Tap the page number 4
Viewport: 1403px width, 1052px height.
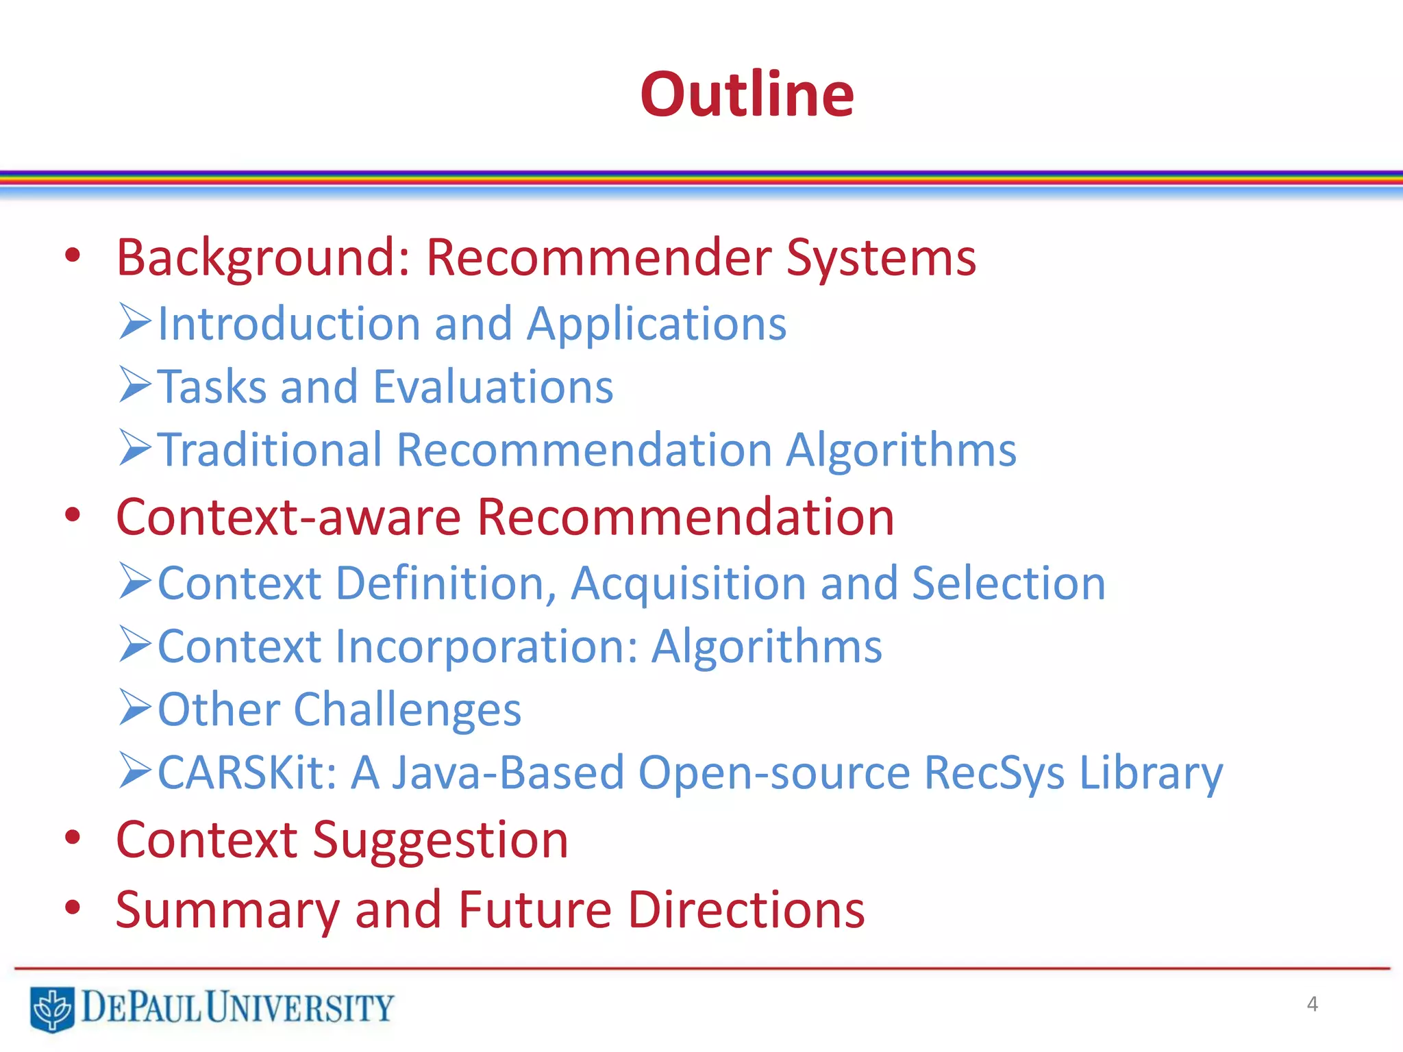point(1312,1004)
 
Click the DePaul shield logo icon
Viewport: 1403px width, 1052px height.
point(52,1008)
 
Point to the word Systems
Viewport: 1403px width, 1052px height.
point(880,258)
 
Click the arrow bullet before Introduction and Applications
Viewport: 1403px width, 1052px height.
point(134,322)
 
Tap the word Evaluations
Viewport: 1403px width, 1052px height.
point(493,387)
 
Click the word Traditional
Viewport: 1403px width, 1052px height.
point(269,450)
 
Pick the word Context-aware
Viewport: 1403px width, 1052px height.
point(288,516)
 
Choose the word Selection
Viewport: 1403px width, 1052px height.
point(1008,584)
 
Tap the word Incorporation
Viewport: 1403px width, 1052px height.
point(480,647)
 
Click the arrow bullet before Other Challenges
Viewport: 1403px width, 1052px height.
point(134,707)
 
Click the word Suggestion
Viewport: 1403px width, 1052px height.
point(440,840)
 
